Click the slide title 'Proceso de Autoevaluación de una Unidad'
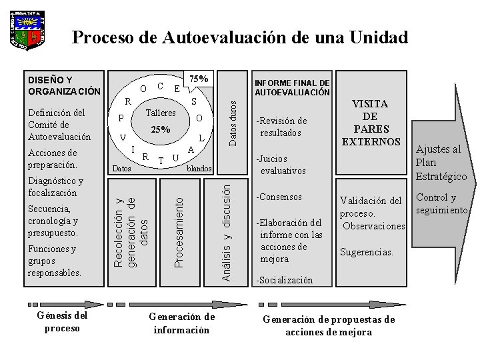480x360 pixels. [x=239, y=37]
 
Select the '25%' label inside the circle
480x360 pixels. [x=160, y=129]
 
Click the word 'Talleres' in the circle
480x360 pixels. [x=160, y=113]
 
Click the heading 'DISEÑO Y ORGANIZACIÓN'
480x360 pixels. [x=64, y=85]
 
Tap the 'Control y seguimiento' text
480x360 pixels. [x=442, y=204]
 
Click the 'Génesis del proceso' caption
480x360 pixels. [x=62, y=322]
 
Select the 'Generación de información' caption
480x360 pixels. [x=181, y=323]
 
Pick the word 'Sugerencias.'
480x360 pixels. [x=366, y=253]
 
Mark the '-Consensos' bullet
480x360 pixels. [x=279, y=197]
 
